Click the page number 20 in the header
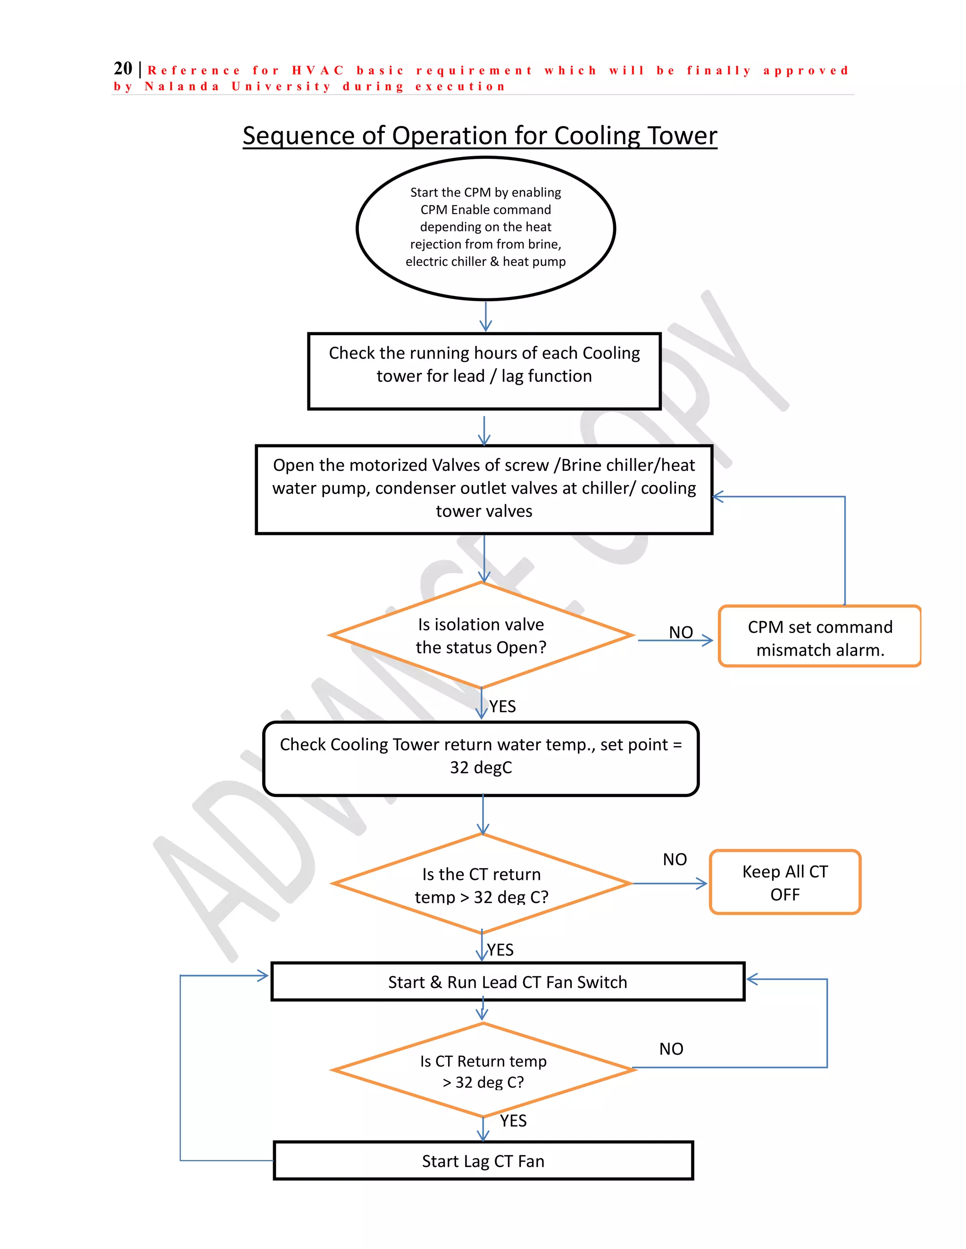pos(123,69)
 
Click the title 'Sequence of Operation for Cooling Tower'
pos(480,136)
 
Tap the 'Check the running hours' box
pos(484,370)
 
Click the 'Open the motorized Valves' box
pos(483,489)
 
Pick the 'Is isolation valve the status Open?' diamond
pos(481,635)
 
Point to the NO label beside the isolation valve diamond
pos(681,632)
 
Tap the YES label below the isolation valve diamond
pos(502,707)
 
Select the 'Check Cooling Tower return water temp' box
pos(481,758)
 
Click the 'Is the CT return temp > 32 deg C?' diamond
pos(481,884)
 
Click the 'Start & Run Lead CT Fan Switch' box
pos(508,982)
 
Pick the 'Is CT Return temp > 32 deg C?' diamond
pos(483,1070)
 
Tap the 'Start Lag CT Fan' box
pos(483,1161)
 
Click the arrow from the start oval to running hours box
pos(485,316)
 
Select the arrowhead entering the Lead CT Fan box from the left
pos(263,976)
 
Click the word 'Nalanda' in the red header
pos(182,87)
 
